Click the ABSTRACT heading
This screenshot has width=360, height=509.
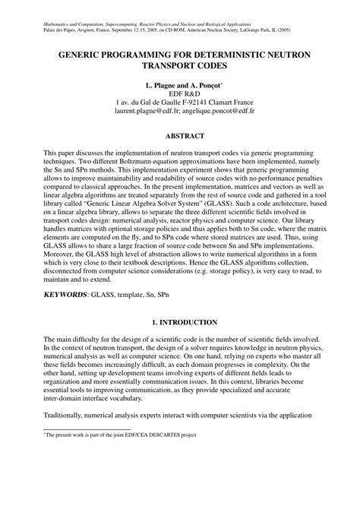[180, 137]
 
